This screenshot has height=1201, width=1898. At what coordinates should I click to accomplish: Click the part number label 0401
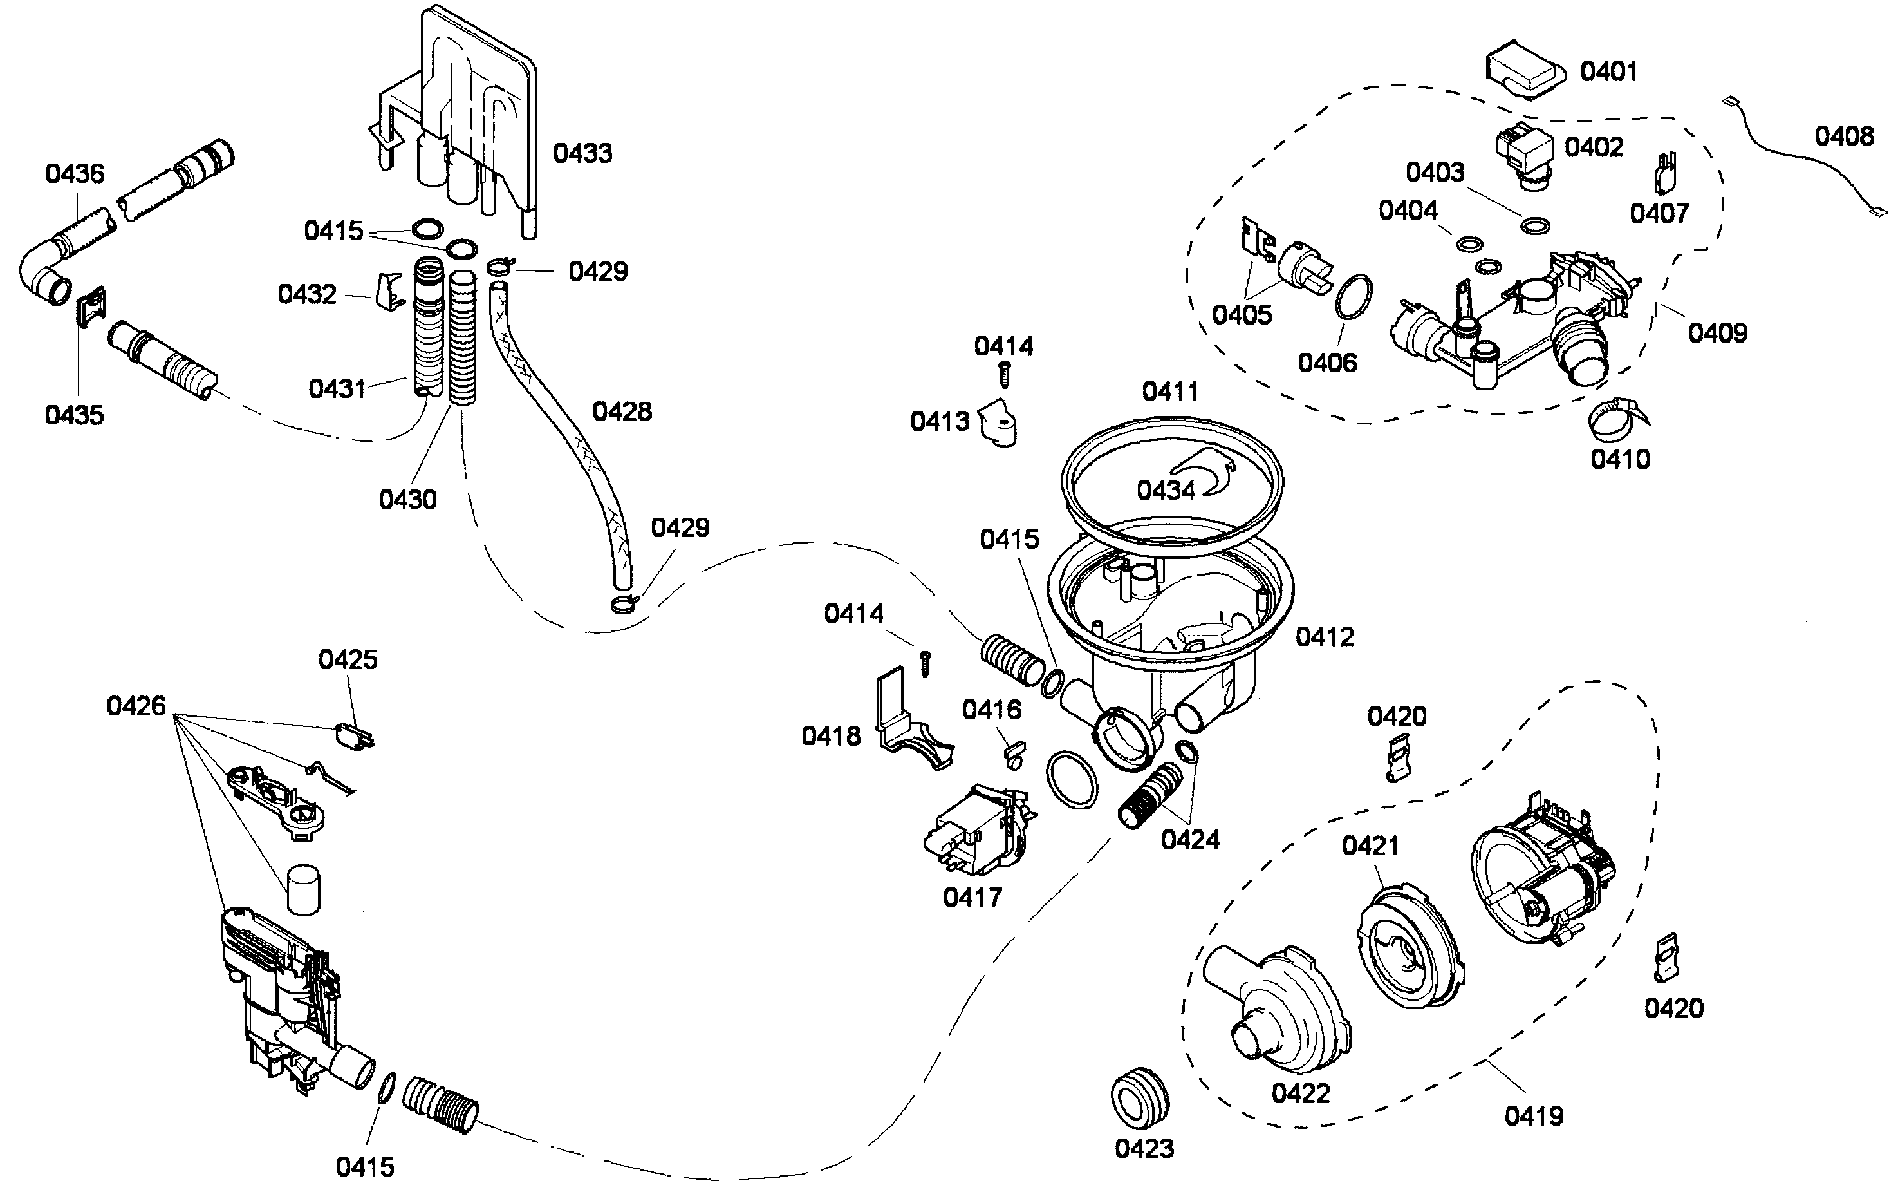click(x=1609, y=71)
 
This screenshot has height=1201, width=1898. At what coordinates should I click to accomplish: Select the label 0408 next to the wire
click(x=1843, y=137)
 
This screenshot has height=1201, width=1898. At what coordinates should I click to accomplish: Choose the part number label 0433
click(x=582, y=153)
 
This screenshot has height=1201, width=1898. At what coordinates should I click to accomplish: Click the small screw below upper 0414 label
click(x=1005, y=374)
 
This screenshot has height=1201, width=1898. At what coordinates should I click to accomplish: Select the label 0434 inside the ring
click(x=1166, y=491)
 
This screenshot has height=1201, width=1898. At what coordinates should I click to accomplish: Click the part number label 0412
click(x=1324, y=636)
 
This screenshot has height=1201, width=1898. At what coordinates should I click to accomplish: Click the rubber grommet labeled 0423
click(x=1140, y=1099)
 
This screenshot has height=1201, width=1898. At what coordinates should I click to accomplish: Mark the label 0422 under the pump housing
click(x=1301, y=1093)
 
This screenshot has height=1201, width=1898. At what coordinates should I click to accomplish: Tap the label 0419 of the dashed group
click(x=1534, y=1116)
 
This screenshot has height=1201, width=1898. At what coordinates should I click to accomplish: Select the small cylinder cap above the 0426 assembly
click(x=303, y=889)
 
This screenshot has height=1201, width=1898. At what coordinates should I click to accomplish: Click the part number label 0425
click(x=348, y=659)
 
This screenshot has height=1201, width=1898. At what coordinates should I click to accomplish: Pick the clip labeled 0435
click(x=91, y=305)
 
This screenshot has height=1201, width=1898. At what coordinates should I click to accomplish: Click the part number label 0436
click(x=75, y=173)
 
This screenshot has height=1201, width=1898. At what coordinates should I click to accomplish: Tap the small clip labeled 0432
click(x=389, y=290)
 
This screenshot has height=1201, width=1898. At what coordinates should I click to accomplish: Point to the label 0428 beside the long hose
click(x=622, y=411)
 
